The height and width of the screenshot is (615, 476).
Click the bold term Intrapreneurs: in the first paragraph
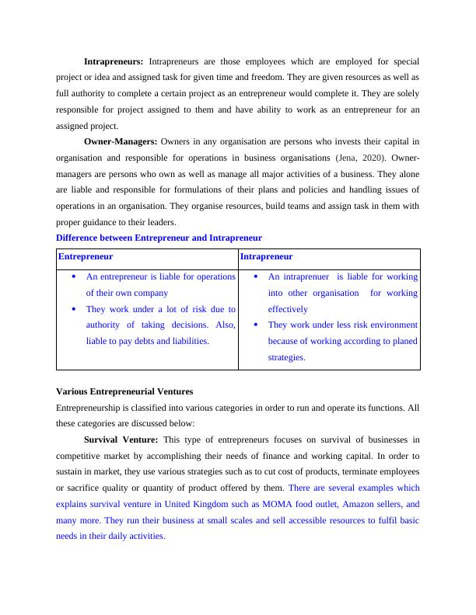click(114, 61)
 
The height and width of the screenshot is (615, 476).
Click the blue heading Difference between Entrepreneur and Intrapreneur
click(159, 238)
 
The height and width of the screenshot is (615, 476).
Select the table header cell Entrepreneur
click(86, 256)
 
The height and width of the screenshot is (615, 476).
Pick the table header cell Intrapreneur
click(267, 256)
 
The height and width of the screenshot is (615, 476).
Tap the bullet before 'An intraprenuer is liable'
click(256, 276)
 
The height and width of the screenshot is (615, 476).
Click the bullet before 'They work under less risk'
click(256, 325)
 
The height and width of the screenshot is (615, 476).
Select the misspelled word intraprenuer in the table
click(303, 276)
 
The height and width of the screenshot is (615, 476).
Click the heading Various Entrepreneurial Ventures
click(124, 391)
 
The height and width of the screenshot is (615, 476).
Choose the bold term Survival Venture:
click(121, 440)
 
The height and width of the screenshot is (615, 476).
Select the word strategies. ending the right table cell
click(287, 358)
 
